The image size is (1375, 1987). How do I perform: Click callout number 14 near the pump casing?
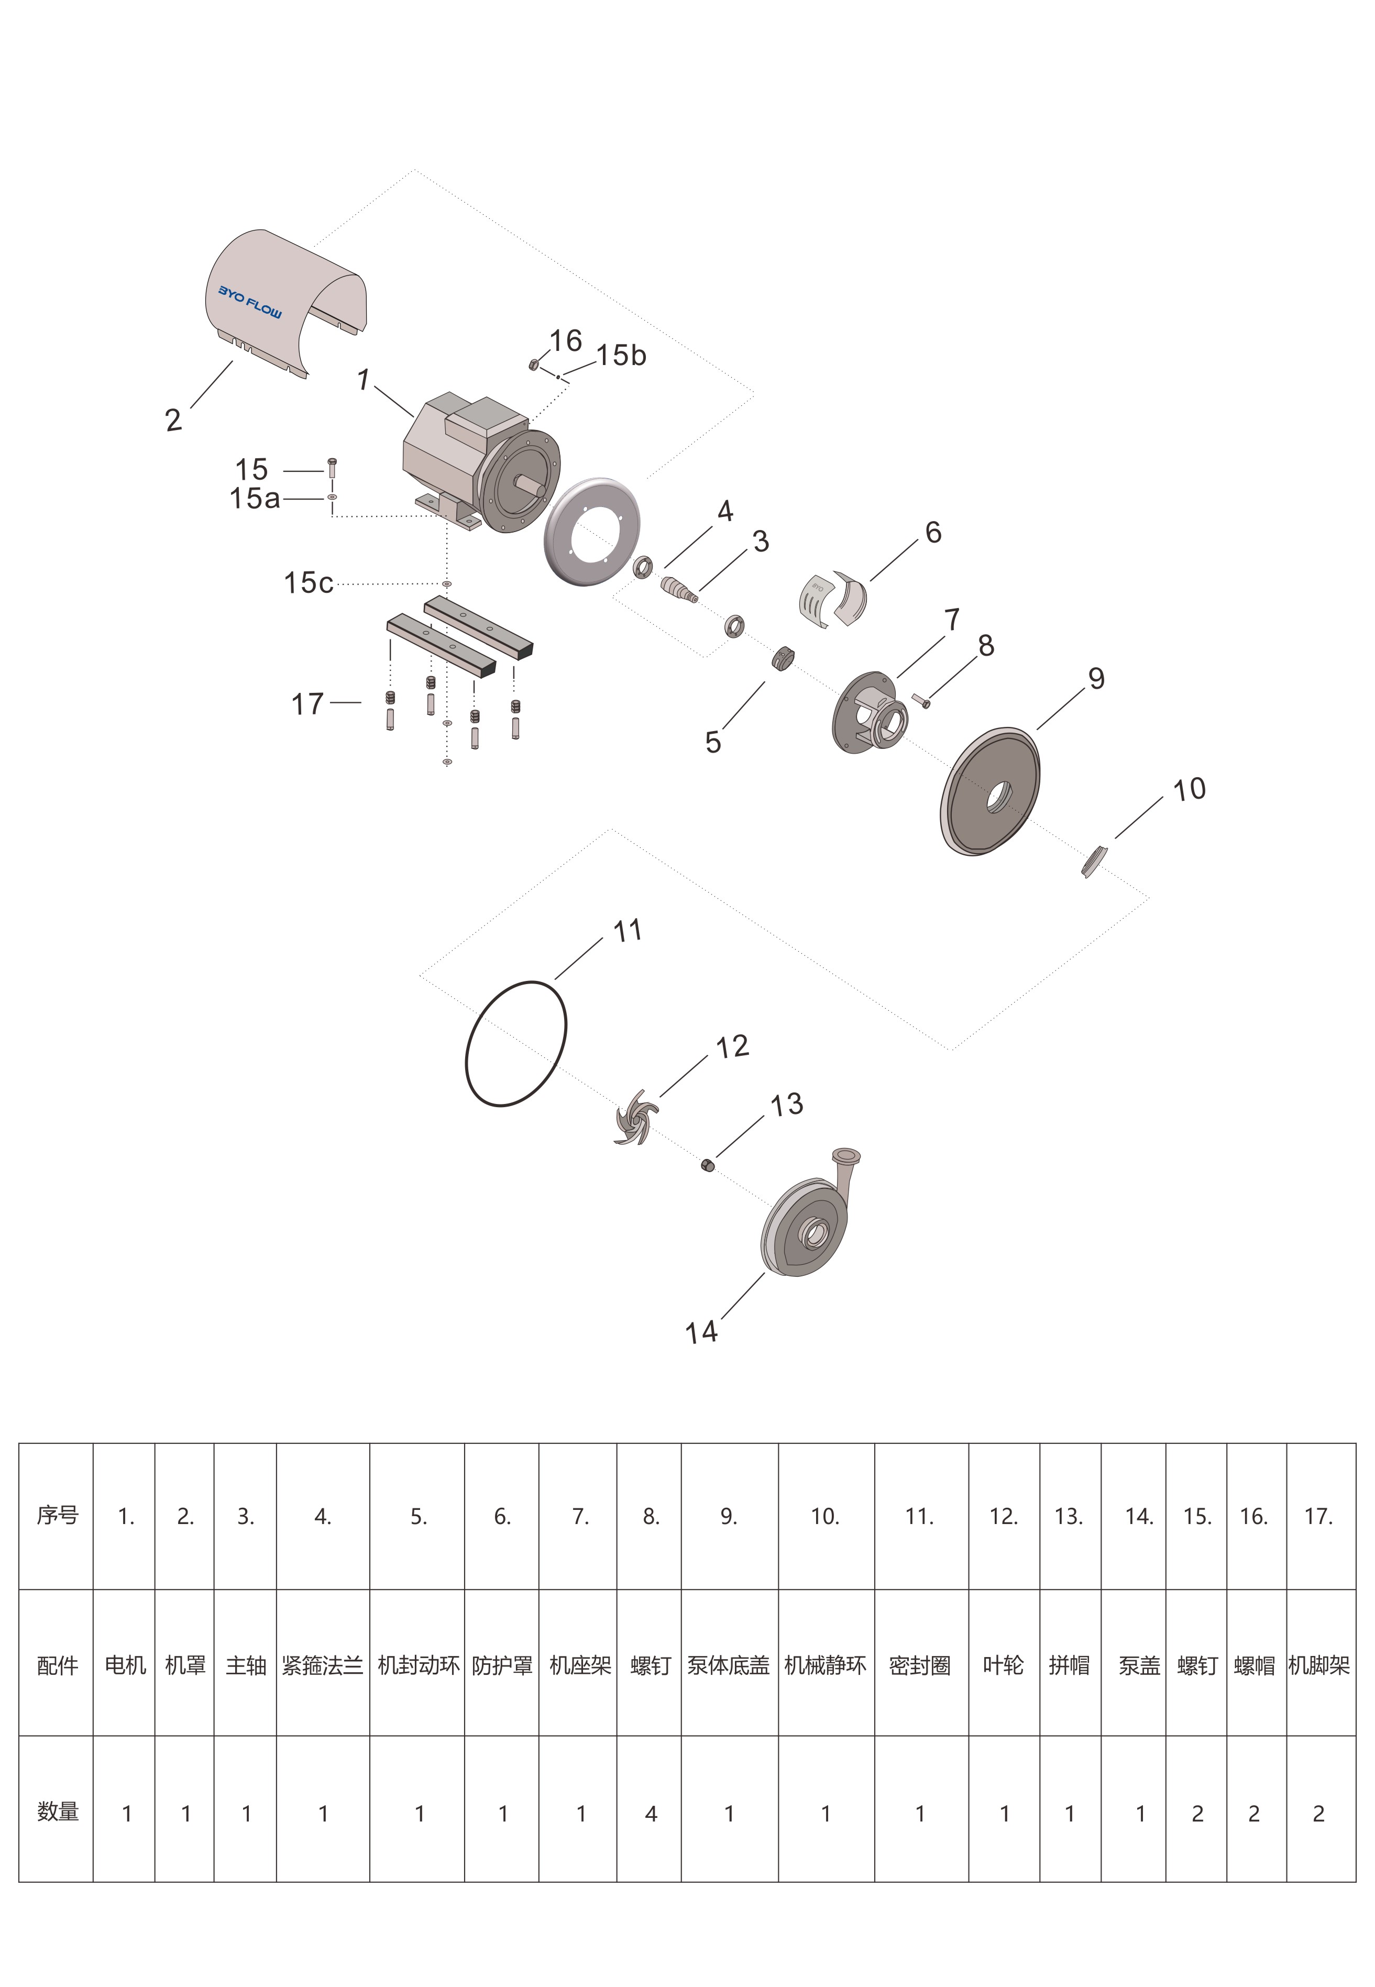coord(701,1333)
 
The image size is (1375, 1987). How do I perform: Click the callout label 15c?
coord(309,583)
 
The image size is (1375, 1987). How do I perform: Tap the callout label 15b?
coord(621,355)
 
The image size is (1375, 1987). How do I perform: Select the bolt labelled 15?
coord(333,469)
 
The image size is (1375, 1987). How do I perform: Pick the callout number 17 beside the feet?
coord(307,704)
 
